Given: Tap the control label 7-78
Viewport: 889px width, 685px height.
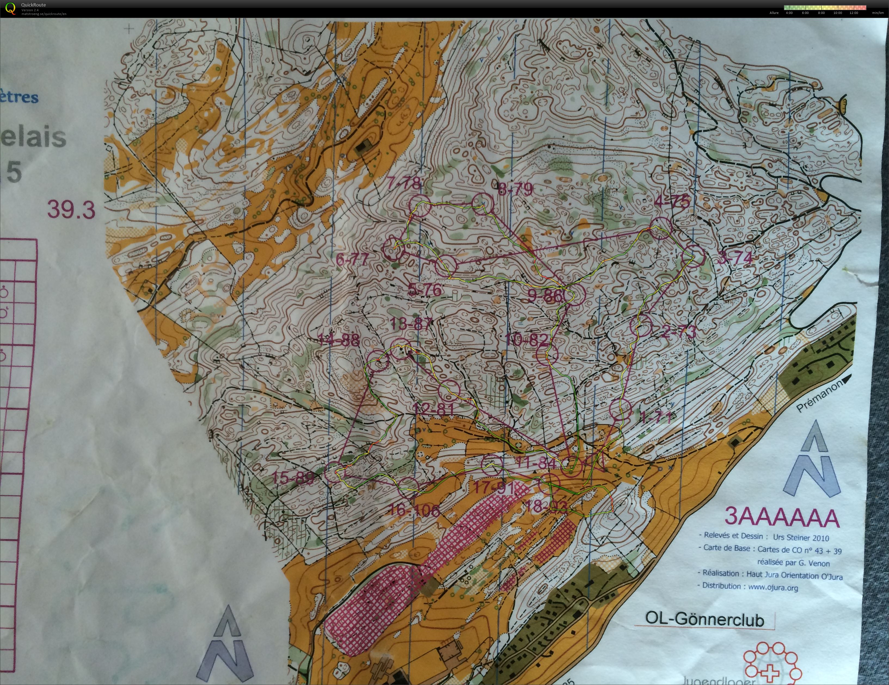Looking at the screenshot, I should point(404,183).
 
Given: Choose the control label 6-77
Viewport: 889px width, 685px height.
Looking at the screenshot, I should point(352,259).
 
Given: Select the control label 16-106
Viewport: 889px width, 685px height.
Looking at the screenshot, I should point(414,510).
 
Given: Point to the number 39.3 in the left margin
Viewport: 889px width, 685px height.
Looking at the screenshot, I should point(71,210).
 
